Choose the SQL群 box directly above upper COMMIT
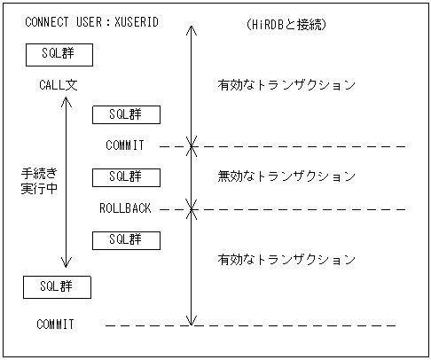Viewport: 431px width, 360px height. click(x=125, y=114)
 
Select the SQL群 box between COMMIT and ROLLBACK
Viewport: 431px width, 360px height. click(x=125, y=176)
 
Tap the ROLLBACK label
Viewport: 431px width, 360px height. click(x=126, y=209)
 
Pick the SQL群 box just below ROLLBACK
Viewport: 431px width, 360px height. click(x=125, y=239)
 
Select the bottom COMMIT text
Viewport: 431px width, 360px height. click(x=55, y=325)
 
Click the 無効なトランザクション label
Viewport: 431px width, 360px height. click(x=286, y=176)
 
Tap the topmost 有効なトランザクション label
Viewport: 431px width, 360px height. click(x=286, y=86)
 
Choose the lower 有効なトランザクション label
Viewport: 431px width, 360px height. click(x=286, y=260)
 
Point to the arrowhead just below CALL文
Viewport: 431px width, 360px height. click(x=65, y=101)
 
